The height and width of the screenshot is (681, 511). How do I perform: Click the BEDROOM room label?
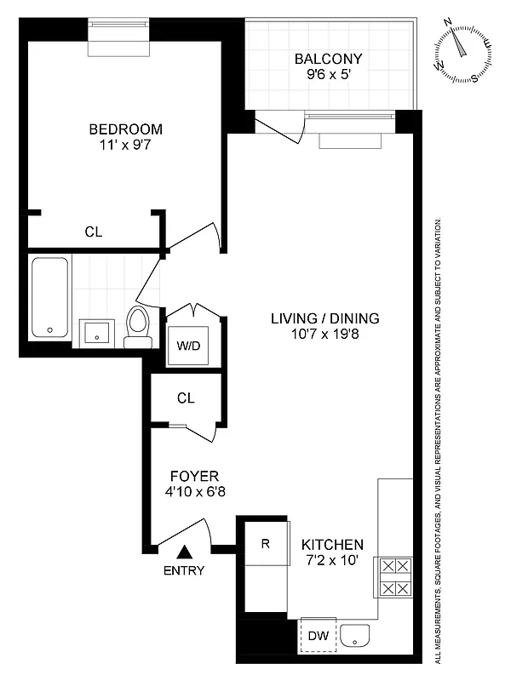point(125,129)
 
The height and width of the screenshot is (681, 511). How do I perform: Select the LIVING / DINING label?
point(324,319)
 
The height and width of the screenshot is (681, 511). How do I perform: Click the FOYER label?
point(194,476)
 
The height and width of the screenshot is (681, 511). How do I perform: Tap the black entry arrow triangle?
point(184,552)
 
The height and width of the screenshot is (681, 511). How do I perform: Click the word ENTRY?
point(184,571)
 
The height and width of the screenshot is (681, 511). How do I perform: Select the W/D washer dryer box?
point(188,346)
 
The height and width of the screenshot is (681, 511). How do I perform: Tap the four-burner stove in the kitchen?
point(394,578)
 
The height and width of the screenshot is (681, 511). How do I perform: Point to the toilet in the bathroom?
point(137,327)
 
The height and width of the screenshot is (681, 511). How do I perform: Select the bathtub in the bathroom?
point(49,298)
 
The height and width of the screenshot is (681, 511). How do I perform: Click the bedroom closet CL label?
point(94,231)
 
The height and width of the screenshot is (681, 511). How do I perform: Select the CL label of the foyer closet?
point(187,397)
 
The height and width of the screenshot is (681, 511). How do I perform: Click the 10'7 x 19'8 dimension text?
point(324,335)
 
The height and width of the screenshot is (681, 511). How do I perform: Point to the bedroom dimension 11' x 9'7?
point(125,145)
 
